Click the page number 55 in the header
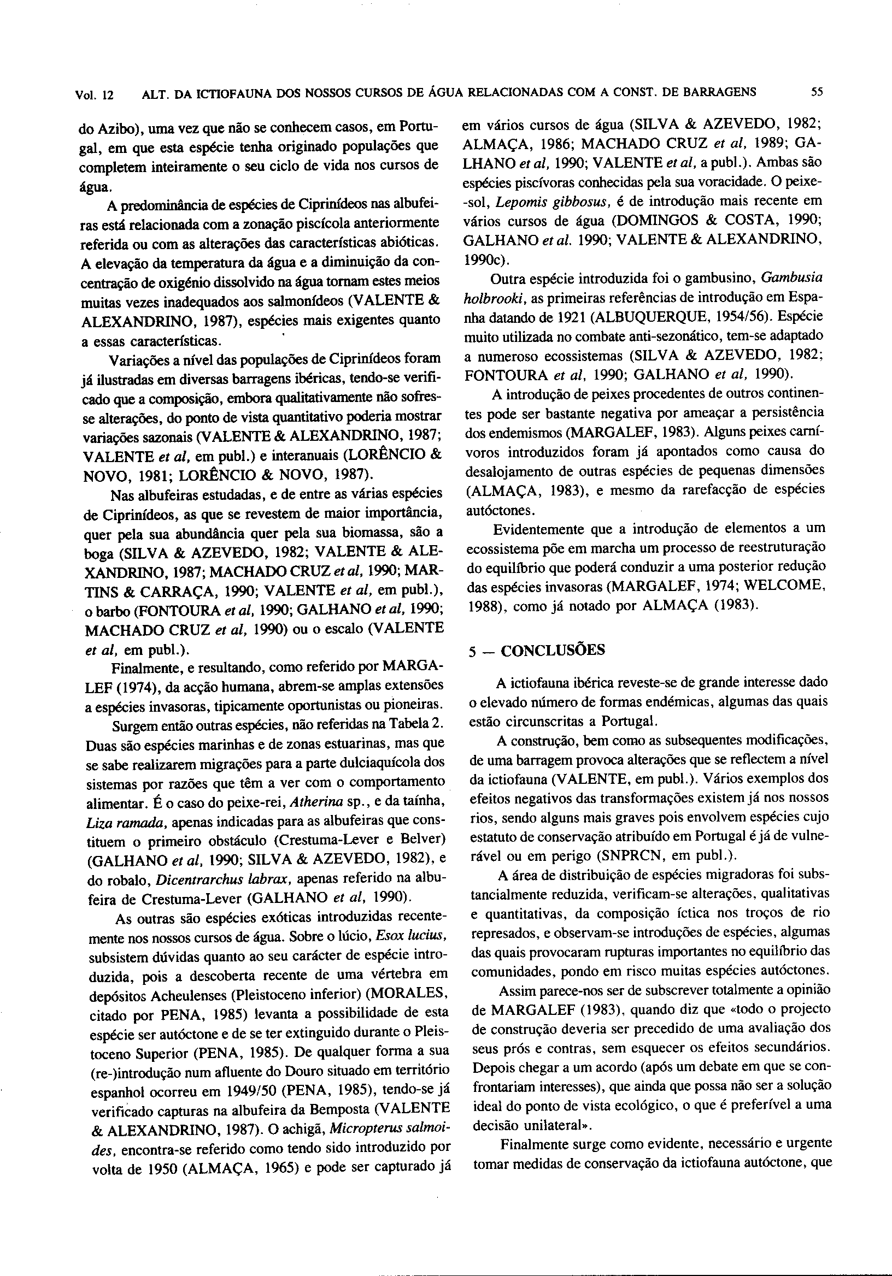pos(817,93)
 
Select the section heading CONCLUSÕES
pos(553,650)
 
